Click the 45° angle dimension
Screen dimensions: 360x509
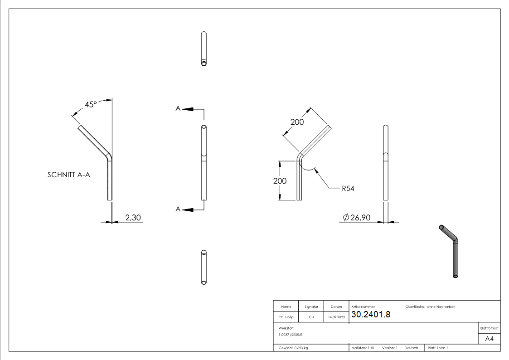pyautogui.click(x=91, y=104)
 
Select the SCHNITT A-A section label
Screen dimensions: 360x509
pyautogui.click(x=68, y=175)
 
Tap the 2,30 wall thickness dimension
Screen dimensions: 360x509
pyautogui.click(x=133, y=218)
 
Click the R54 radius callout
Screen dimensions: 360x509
pyautogui.click(x=348, y=189)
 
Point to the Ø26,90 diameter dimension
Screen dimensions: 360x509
pyautogui.click(x=357, y=218)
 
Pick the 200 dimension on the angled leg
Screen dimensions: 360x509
pyautogui.click(x=297, y=122)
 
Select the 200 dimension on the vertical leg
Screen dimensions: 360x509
pyautogui.click(x=280, y=180)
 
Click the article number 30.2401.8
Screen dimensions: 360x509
pyautogui.click(x=370, y=315)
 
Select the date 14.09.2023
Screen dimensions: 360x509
pyautogui.click(x=336, y=317)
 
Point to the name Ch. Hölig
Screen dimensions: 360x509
pyautogui.click(x=286, y=317)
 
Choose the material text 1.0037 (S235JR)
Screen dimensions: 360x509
pyautogui.click(x=291, y=334)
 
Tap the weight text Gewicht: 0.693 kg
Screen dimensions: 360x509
pyautogui.click(x=293, y=348)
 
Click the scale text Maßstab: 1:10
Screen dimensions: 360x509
pyautogui.click(x=363, y=348)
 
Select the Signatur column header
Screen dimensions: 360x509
pyautogui.click(x=311, y=307)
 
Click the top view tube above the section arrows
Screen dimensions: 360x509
pyautogui.click(x=204, y=49)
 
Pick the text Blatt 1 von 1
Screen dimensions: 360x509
pyautogui.click(x=438, y=348)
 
